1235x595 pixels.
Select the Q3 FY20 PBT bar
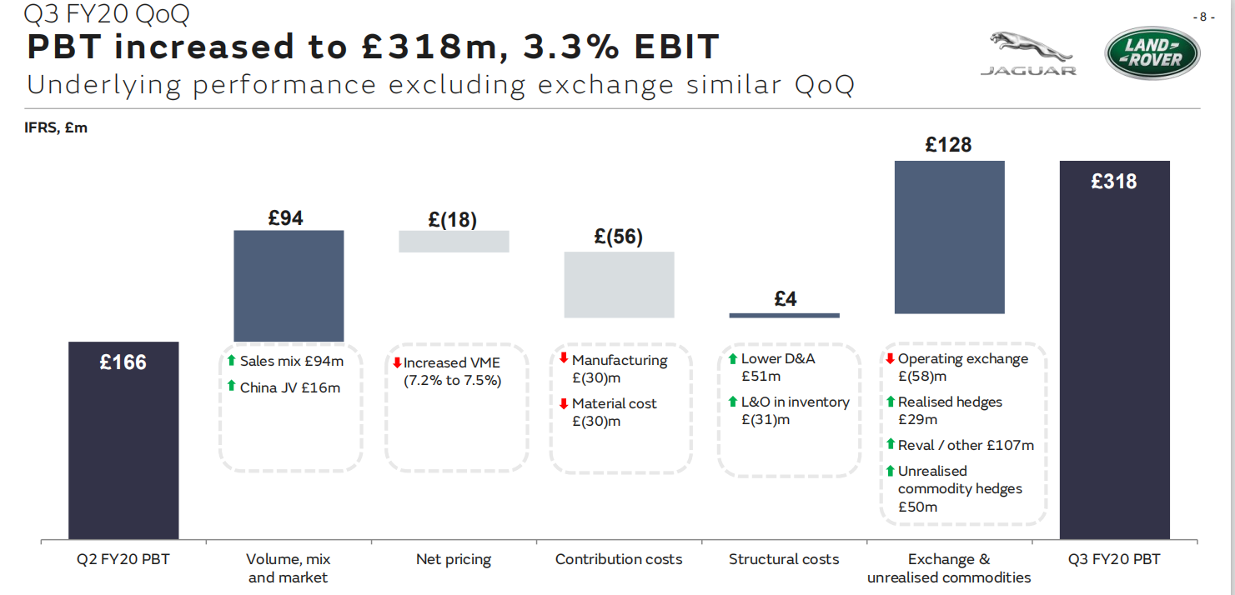[1115, 350]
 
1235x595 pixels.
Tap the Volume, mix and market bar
[289, 285]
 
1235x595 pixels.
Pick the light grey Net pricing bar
[454, 241]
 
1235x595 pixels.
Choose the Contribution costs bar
[619, 284]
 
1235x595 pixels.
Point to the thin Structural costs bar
[784, 315]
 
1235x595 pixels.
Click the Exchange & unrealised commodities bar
[949, 237]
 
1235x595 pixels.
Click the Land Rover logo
[1152, 52]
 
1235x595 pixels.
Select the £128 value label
[949, 145]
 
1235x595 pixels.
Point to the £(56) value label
[619, 237]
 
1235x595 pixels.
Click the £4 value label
[785, 298]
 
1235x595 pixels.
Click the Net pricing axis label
[454, 559]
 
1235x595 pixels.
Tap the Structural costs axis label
[784, 559]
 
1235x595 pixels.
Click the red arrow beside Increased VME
[397, 363]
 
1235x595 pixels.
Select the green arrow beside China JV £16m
[231, 387]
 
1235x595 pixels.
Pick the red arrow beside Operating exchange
[891, 358]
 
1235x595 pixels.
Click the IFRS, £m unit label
[56, 127]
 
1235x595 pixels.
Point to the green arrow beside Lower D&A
[733, 358]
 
